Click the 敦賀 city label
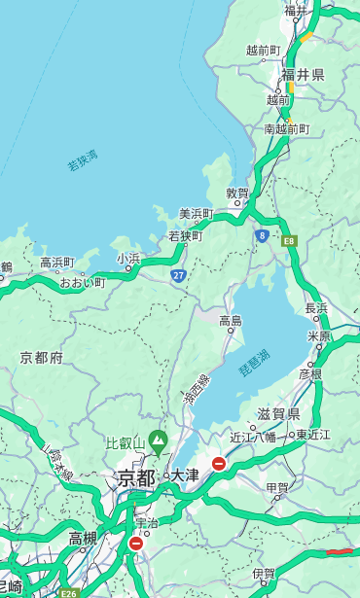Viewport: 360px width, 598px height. coord(237,193)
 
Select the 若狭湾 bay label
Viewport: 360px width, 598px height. coord(82,160)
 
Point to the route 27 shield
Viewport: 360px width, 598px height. coord(179,275)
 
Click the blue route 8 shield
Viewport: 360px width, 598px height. coord(262,235)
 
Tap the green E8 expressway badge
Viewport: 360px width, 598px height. coord(289,240)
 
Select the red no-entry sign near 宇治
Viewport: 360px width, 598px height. coord(135,544)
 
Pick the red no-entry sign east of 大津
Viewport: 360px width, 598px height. coord(219,464)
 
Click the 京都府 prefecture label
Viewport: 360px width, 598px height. coord(42,358)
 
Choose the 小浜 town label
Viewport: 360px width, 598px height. coord(128,258)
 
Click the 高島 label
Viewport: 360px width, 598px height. coord(231,321)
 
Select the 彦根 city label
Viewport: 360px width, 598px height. coord(309,374)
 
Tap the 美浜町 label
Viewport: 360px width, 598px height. coord(197,214)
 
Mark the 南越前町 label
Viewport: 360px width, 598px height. coord(286,128)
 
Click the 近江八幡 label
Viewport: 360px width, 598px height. coord(252,437)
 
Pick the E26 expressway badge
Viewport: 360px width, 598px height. coord(67,592)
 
